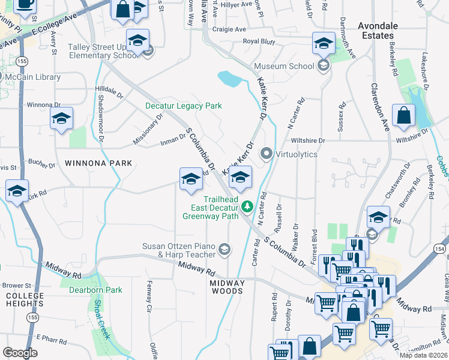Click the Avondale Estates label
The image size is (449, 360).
(x=383, y=31)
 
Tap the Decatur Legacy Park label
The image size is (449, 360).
(x=184, y=106)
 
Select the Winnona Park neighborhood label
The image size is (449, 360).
(x=90, y=163)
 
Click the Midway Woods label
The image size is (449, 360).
(x=228, y=287)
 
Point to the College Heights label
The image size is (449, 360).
(x=25, y=300)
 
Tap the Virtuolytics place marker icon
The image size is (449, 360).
(x=266, y=154)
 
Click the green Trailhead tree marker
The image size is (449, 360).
(x=247, y=207)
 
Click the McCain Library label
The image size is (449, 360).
(x=32, y=77)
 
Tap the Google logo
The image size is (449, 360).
(x=20, y=352)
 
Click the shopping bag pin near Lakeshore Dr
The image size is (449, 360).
(x=404, y=116)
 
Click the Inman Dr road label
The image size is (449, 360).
(x=174, y=142)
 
